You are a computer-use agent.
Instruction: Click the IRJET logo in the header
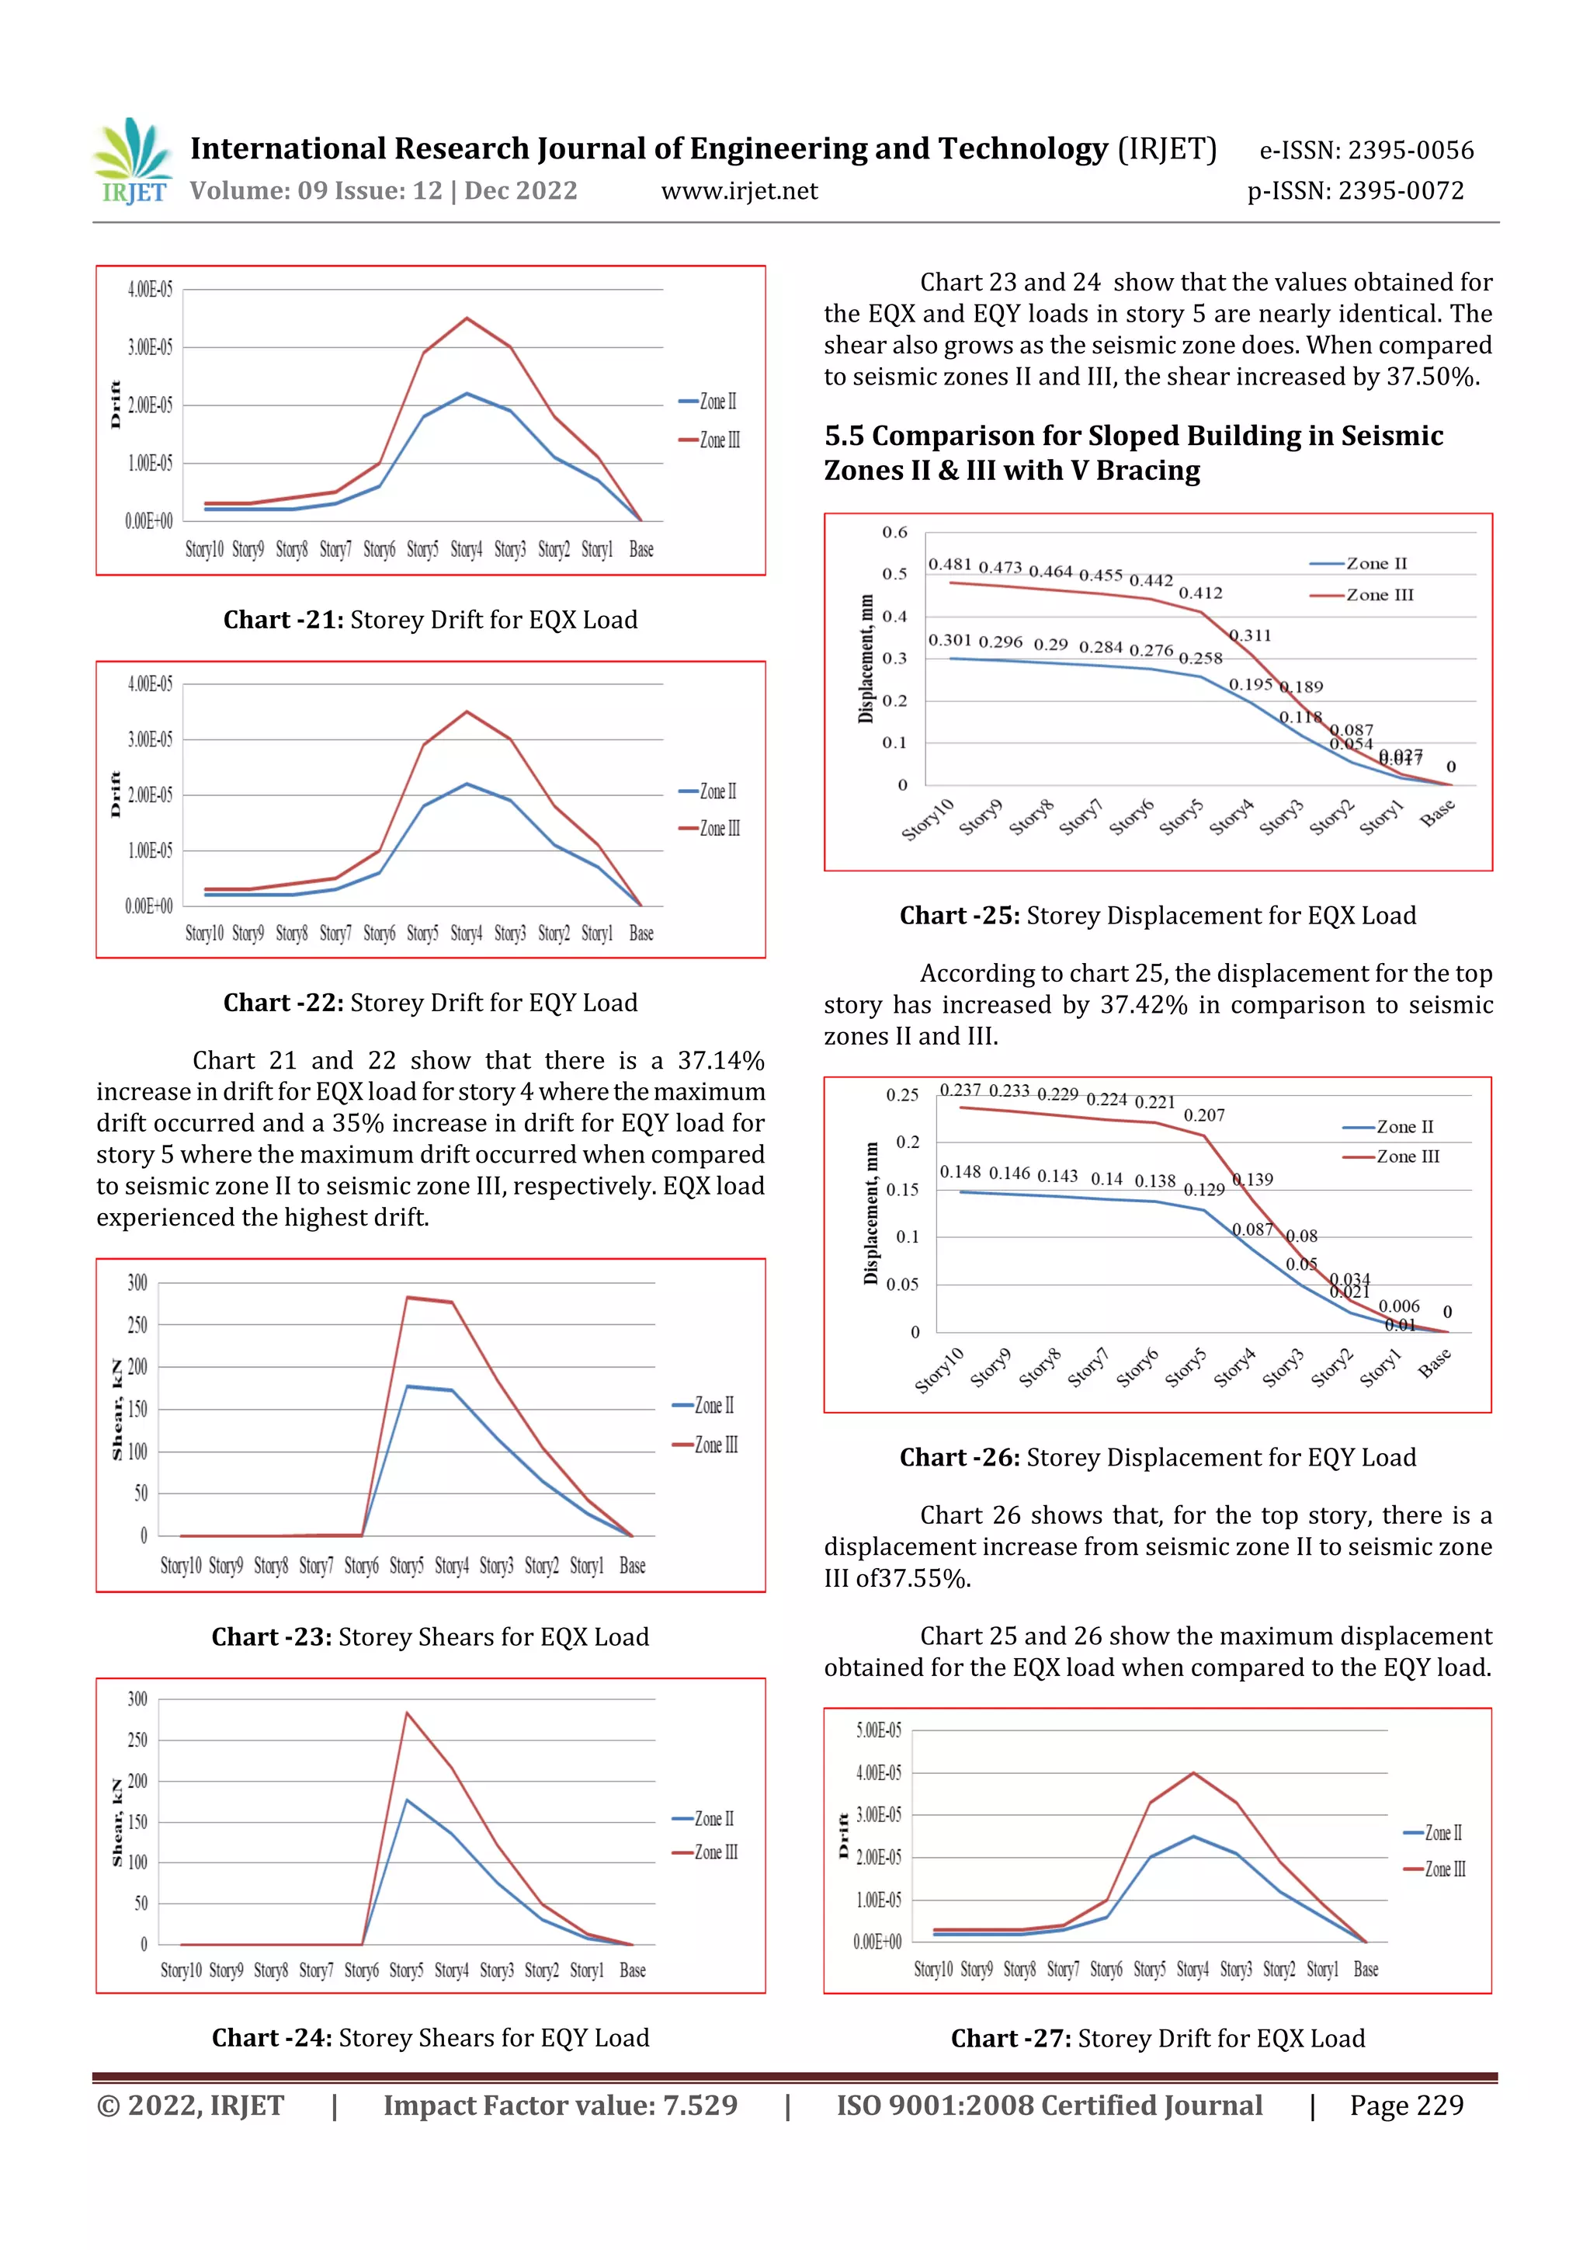(x=132, y=162)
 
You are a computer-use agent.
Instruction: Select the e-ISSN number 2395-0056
(x=1410, y=151)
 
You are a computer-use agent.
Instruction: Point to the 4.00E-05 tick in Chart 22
(x=150, y=684)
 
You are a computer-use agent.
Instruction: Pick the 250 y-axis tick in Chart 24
(x=137, y=1740)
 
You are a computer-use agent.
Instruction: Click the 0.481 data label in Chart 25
(x=949, y=564)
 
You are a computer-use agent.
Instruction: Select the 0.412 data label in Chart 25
(x=1200, y=593)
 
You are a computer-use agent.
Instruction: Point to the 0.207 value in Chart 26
(x=1204, y=1115)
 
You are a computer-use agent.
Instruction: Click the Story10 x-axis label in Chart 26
(x=939, y=1369)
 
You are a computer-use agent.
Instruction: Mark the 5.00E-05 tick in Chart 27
(x=879, y=1730)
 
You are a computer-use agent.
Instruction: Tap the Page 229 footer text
(x=1406, y=2105)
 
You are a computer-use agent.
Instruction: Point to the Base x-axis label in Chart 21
(x=641, y=550)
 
